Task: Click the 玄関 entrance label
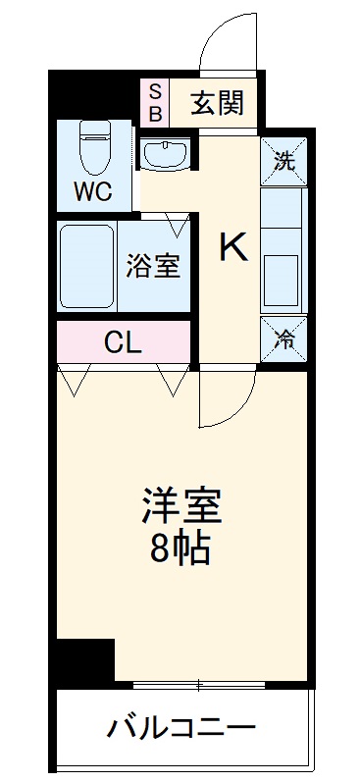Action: point(211,101)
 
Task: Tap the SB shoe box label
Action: point(155,101)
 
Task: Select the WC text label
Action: point(95,190)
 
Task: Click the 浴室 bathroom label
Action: point(153,265)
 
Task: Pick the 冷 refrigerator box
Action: point(283,339)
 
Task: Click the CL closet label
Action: point(124,343)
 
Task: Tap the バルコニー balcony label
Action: point(181,729)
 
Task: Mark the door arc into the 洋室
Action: point(228,397)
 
